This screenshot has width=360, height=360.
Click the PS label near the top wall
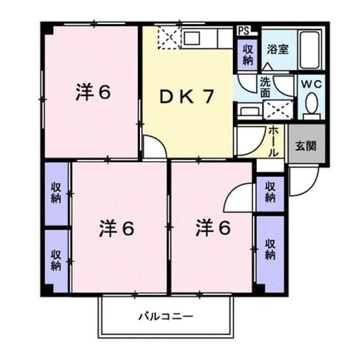(x=244, y=31)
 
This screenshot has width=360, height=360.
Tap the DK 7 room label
(x=187, y=97)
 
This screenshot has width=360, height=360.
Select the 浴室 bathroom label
(x=277, y=49)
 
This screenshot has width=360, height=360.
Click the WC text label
(x=311, y=85)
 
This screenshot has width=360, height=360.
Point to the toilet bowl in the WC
(x=311, y=103)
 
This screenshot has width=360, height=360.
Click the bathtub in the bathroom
(x=310, y=50)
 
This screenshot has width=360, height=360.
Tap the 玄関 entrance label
(x=305, y=146)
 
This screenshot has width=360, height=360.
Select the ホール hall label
(x=273, y=141)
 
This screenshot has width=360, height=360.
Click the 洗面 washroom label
(x=265, y=88)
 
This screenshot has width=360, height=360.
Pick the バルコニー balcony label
(x=166, y=317)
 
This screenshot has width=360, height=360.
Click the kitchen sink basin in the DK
(x=192, y=38)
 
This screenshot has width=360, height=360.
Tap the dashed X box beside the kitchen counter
(x=169, y=38)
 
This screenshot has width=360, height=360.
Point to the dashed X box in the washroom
(x=278, y=110)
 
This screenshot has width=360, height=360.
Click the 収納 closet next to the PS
(x=247, y=55)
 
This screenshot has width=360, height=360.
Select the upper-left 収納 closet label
(x=56, y=193)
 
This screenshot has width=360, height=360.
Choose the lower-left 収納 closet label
(x=56, y=260)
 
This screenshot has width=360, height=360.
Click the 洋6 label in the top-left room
(x=93, y=92)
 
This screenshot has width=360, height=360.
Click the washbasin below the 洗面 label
(x=249, y=111)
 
